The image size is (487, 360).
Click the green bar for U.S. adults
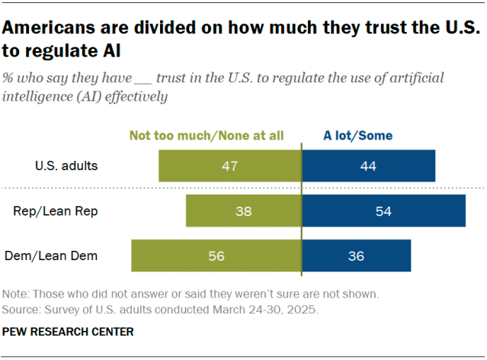[x=230, y=166]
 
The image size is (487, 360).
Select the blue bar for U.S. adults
[x=369, y=166]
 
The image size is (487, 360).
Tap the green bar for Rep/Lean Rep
[x=244, y=211]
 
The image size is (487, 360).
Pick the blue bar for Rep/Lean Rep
[x=384, y=211]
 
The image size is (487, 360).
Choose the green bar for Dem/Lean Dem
[x=216, y=256]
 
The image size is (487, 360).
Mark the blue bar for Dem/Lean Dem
[x=357, y=256]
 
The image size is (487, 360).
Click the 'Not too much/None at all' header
[x=207, y=137]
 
